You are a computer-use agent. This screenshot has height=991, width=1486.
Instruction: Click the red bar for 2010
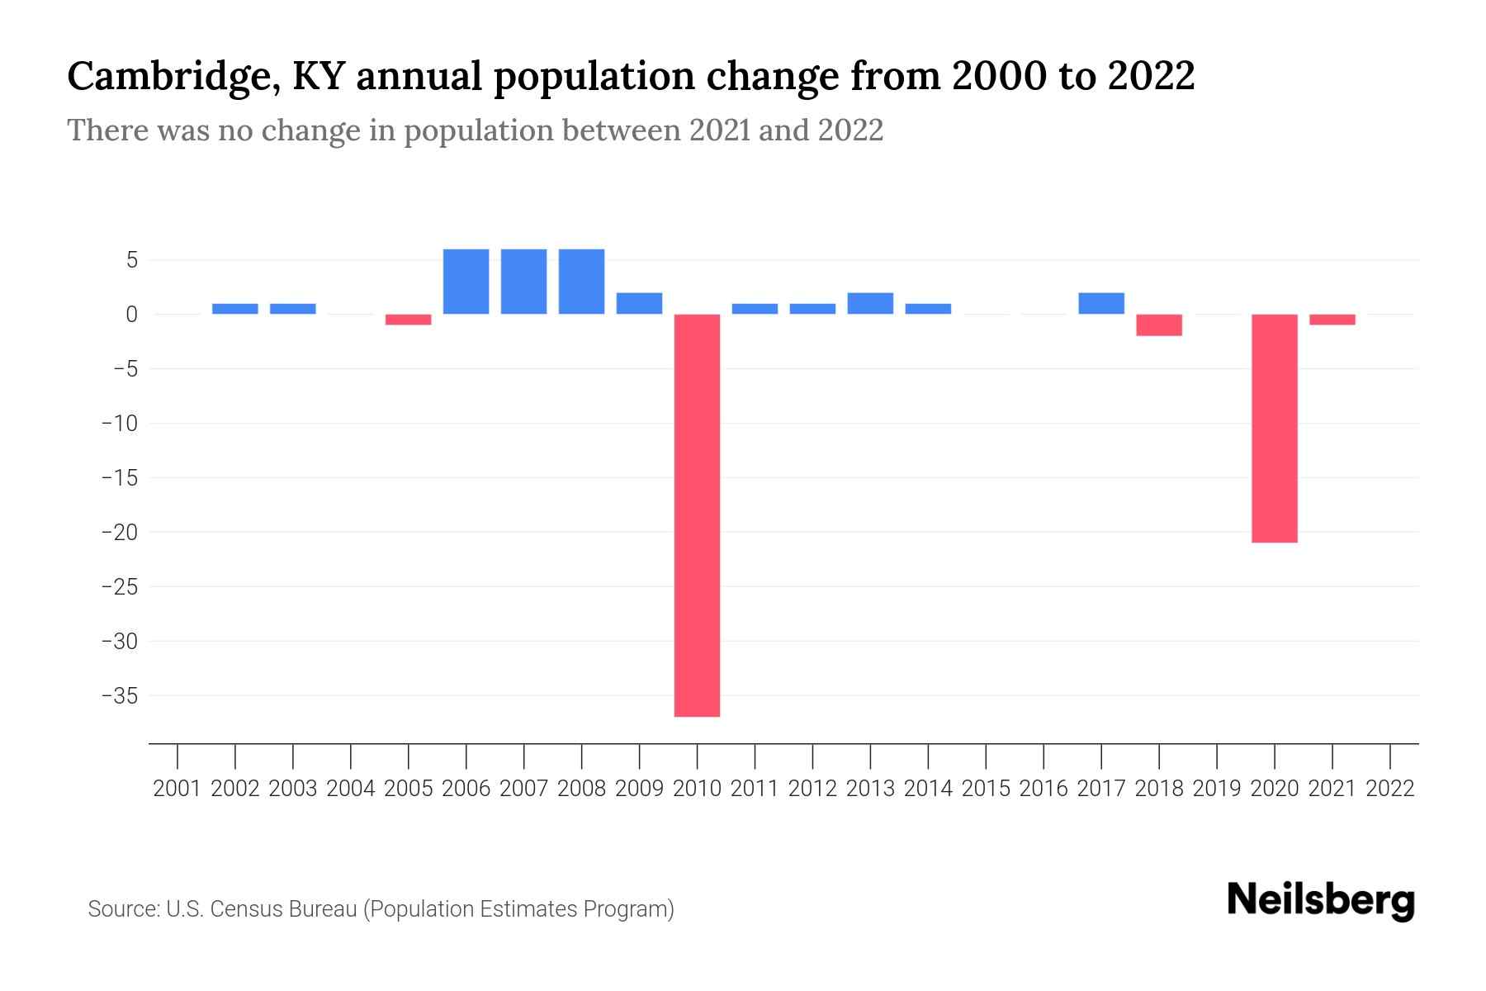697,515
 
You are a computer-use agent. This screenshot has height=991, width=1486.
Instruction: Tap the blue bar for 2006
466,282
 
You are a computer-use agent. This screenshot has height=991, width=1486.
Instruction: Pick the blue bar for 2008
581,282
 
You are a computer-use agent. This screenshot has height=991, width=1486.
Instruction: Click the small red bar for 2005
408,320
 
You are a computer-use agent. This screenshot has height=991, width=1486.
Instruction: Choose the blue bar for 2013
870,304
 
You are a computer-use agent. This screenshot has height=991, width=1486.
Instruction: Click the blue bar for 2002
234,309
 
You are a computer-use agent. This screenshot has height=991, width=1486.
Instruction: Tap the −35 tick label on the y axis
119,695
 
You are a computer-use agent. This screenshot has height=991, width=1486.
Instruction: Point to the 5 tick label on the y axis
130,260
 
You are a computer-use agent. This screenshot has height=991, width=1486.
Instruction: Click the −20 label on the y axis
119,532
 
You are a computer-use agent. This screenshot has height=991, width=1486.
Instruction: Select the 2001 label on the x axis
177,789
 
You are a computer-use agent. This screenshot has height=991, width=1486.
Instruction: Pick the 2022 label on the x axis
1390,789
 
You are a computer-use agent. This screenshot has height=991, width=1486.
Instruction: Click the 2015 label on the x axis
986,789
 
